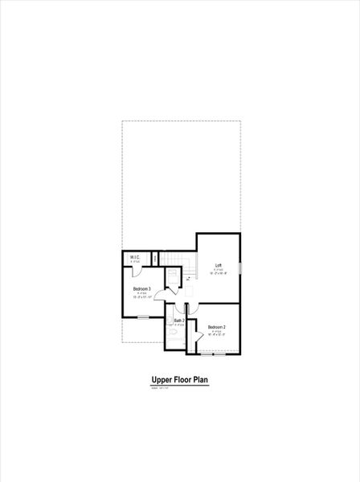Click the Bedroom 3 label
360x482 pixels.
[x=141, y=288]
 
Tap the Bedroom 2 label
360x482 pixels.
[x=216, y=327]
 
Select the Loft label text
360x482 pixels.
[x=218, y=266]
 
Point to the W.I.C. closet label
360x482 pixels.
[x=136, y=257]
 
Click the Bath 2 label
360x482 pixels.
[x=179, y=321]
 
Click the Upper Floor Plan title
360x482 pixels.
[x=180, y=381]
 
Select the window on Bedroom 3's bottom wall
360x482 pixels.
[x=142, y=317]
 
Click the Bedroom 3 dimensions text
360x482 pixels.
[x=141, y=298]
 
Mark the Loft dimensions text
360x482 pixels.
[x=219, y=274]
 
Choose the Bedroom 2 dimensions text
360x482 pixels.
[x=216, y=336]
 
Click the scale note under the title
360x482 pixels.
[x=161, y=389]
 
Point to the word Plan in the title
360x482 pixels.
[x=200, y=381]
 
